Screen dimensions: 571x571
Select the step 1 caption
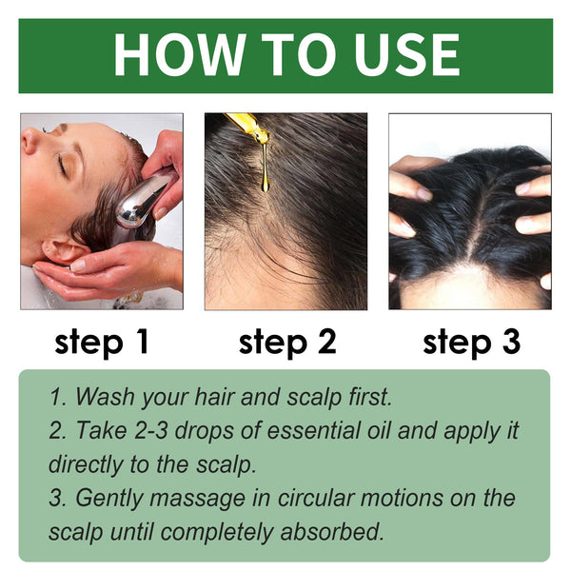pos(102,342)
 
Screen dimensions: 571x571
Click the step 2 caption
pos(287,342)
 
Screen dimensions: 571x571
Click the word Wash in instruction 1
pos(103,396)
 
